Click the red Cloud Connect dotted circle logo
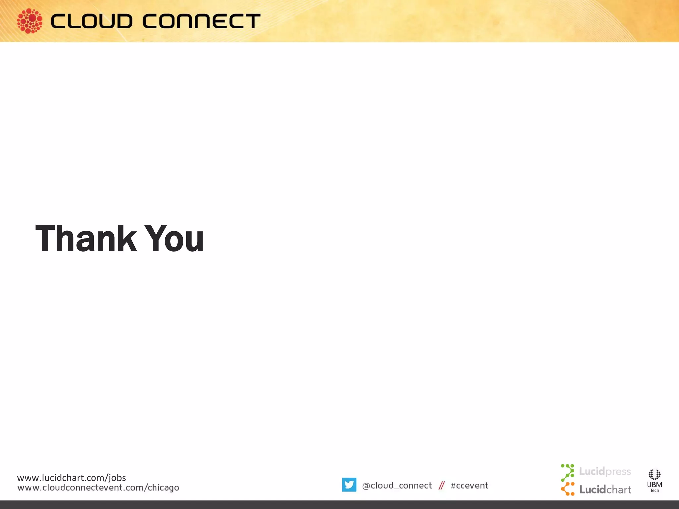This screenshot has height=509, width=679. [x=30, y=21]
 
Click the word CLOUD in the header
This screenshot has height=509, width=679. [x=92, y=21]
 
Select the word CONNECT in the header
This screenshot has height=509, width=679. [x=201, y=21]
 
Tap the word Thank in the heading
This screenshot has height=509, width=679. [x=86, y=238]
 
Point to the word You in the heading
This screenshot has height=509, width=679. [x=175, y=238]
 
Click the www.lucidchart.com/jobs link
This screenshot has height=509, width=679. [x=71, y=478]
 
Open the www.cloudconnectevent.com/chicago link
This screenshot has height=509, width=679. [x=98, y=488]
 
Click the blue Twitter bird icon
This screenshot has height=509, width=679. [x=349, y=485]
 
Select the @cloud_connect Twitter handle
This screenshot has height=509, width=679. [x=397, y=486]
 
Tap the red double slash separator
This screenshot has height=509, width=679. [x=441, y=486]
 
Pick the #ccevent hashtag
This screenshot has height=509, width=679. [x=469, y=486]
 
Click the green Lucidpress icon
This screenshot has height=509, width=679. [x=568, y=472]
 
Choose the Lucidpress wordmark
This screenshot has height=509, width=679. [x=605, y=471]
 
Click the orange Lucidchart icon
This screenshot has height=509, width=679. [x=568, y=489]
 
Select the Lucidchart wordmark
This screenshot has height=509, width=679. [x=605, y=490]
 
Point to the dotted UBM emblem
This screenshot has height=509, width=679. [x=654, y=474]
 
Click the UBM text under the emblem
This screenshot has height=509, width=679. [x=654, y=485]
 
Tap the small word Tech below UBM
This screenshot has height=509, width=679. [x=654, y=491]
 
